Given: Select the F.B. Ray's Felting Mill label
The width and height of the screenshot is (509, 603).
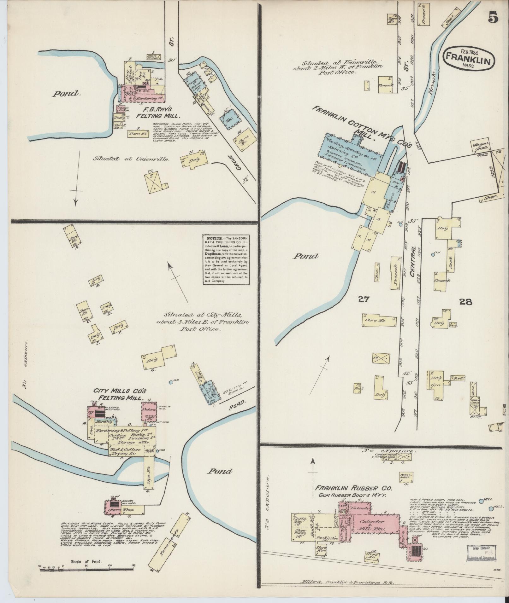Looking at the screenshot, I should coord(153,112).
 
